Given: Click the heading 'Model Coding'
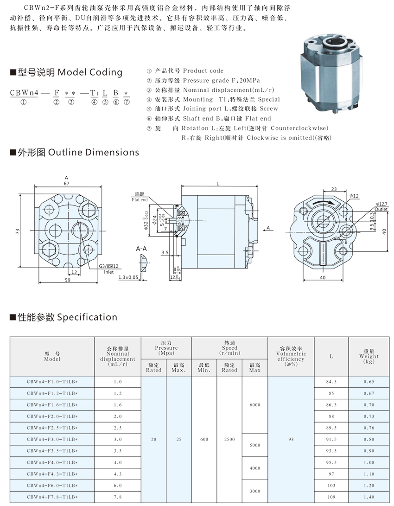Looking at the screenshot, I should click(x=90, y=72).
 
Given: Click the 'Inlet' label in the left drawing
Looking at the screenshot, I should click(x=108, y=272).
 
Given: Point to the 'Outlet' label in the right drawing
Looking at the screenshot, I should click(x=381, y=209).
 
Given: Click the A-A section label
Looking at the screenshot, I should click(x=141, y=249).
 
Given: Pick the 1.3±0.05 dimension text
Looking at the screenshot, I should click(x=128, y=277).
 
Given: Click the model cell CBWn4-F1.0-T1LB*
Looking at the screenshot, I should click(x=52, y=382).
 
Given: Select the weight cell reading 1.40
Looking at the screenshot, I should click(x=369, y=497).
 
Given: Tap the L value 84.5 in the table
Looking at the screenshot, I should click(x=331, y=382).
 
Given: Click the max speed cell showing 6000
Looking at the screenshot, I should click(x=254, y=405).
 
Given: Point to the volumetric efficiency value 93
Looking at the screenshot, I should click(x=291, y=439).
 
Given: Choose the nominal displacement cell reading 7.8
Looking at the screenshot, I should click(x=117, y=497).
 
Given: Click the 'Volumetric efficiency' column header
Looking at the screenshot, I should click(x=291, y=356).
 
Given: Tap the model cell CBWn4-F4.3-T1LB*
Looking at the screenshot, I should click(x=52, y=474).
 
